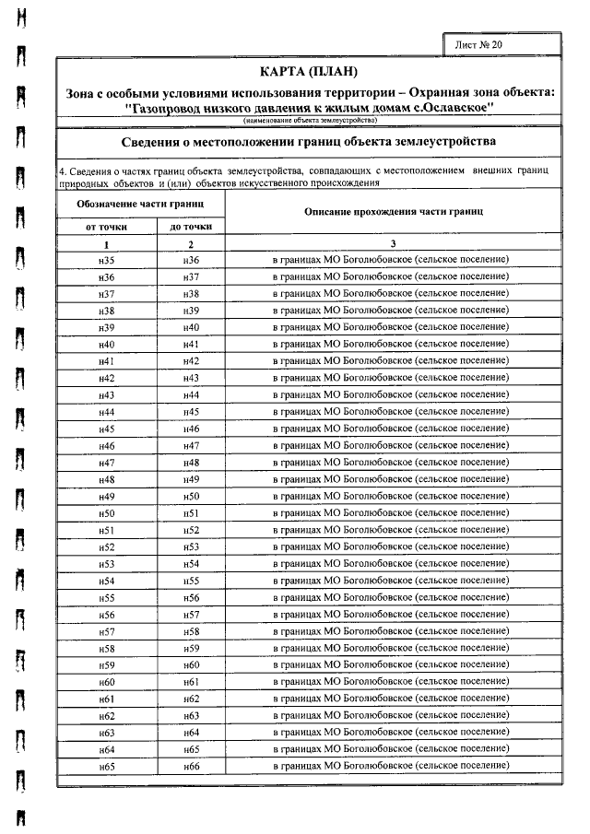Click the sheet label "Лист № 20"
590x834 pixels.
coord(479,44)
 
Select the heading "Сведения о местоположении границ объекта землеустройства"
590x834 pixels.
coord(309,142)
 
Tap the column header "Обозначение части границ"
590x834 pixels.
coord(139,202)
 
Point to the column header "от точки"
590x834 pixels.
coord(106,226)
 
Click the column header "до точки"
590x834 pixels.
coord(191,226)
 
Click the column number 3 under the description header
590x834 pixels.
coord(393,244)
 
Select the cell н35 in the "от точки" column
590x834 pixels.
coord(106,261)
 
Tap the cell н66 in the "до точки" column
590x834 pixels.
coord(191,766)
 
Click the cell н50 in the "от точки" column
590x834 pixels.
coord(106,513)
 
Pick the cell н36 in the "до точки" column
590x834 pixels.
coord(191,261)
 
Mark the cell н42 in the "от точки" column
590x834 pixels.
coord(106,379)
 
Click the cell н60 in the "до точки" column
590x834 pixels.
coord(191,665)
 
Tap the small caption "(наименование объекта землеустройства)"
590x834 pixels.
coord(310,122)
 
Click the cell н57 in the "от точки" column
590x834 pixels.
coord(106,631)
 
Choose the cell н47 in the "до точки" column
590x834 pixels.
coord(191,446)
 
